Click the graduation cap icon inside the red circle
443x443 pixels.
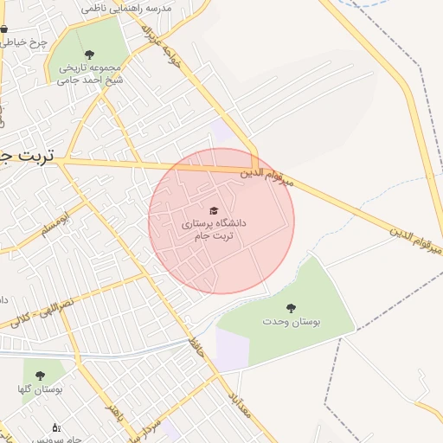[x=214, y=210]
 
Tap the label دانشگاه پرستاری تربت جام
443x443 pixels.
[x=214, y=229]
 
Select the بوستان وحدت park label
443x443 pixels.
[x=292, y=321]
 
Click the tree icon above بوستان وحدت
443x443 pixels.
[x=291, y=307]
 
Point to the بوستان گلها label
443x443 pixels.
[x=39, y=390]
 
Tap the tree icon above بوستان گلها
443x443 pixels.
[x=40, y=376]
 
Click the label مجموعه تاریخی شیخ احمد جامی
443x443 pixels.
[x=91, y=74]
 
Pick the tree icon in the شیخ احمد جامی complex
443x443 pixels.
[x=91, y=55]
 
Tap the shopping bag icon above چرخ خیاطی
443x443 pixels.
[x=4, y=29]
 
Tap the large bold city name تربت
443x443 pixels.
[x=26, y=156]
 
